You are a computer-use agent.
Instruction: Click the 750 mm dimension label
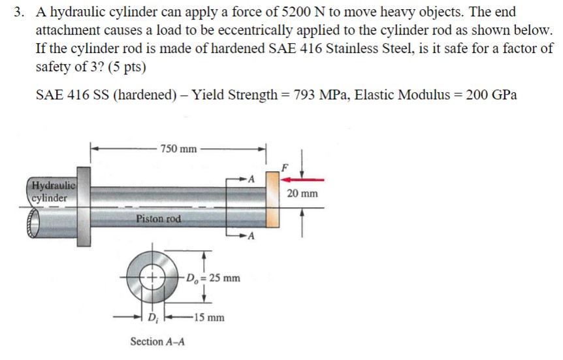(178, 149)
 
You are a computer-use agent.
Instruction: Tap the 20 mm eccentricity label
(305, 193)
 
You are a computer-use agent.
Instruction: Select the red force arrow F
(301, 178)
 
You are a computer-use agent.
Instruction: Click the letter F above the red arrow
(282, 167)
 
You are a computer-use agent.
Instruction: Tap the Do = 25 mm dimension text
(214, 278)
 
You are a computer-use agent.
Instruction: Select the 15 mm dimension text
(210, 318)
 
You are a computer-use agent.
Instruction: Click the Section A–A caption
(157, 342)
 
